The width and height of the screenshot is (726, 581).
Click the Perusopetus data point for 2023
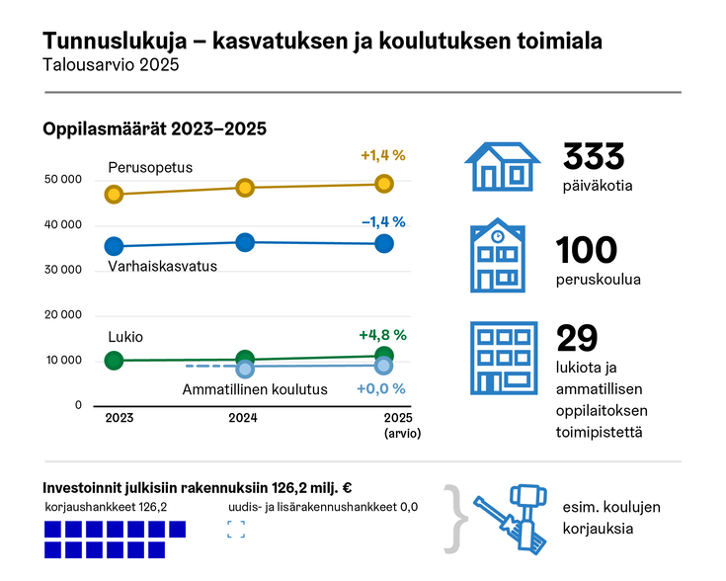114,195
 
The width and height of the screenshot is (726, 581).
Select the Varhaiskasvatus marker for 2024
245,242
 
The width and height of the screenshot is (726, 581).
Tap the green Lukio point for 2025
384,356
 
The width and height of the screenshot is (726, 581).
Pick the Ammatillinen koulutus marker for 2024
245,369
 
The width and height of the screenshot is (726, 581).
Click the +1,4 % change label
383,155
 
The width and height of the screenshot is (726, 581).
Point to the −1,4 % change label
383,221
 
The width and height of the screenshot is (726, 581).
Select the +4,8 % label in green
383,334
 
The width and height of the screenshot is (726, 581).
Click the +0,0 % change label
381,388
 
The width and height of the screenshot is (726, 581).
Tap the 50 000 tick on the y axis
63,180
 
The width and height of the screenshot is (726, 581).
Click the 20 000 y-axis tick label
63,315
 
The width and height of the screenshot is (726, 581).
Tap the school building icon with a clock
501,256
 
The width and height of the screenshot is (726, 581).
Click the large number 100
587,250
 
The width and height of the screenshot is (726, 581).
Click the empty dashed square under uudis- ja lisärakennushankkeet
236,529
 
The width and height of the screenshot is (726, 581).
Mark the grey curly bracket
452,517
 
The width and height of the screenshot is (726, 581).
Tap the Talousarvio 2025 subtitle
112,65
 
